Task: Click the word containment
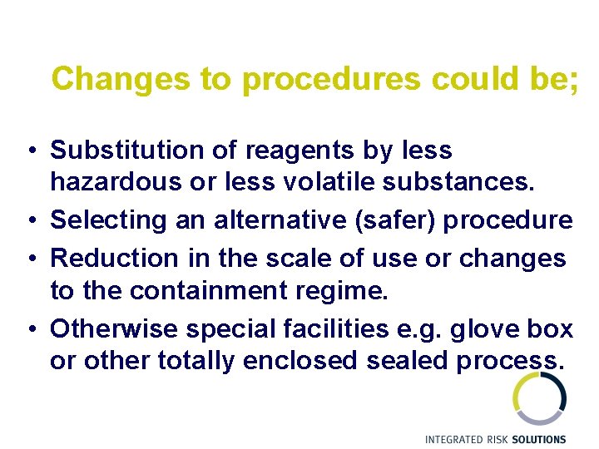click(202, 291)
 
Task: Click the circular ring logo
click(539, 398)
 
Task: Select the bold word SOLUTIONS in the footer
click(539, 439)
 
